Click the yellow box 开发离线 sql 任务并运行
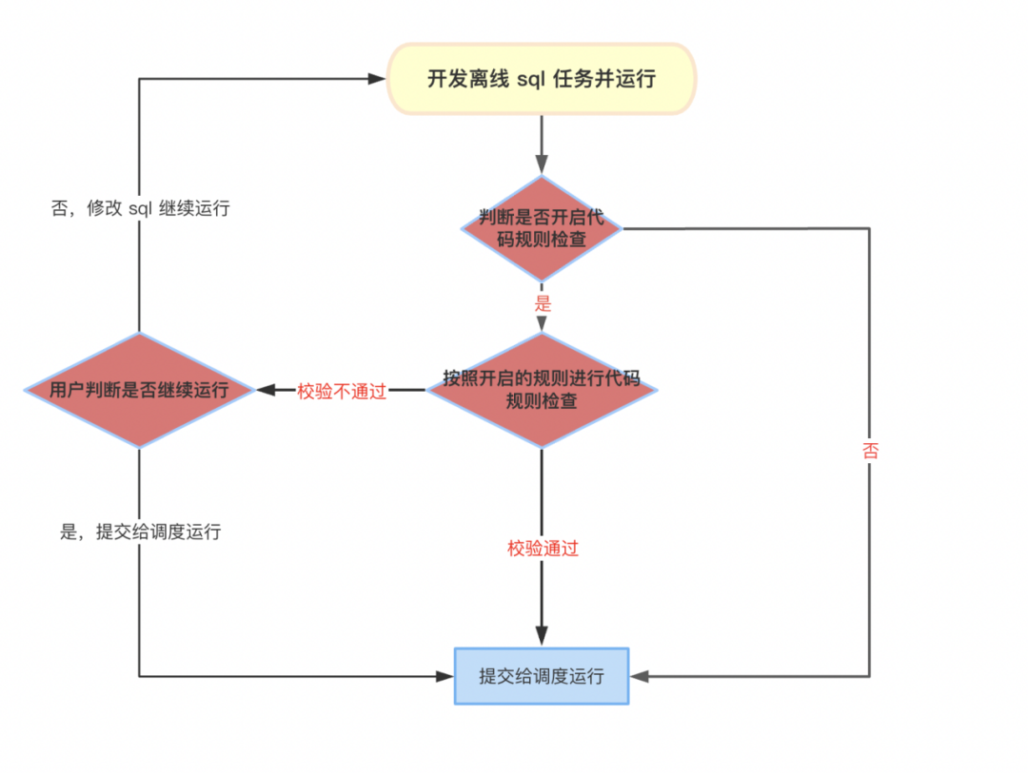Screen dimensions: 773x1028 pyautogui.click(x=542, y=79)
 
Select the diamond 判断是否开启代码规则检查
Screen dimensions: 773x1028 pyautogui.click(x=542, y=228)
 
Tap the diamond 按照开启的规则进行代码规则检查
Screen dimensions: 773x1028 pyautogui.click(x=542, y=390)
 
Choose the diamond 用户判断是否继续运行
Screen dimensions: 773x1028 pyautogui.click(x=140, y=390)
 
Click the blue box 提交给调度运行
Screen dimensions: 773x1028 pyautogui.click(x=542, y=676)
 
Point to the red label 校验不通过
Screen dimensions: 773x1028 pyautogui.click(x=342, y=391)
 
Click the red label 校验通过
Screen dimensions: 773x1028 pyautogui.click(x=543, y=549)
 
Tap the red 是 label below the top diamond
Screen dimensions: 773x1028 pyautogui.click(x=543, y=304)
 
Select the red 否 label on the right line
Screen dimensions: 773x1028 pyautogui.click(x=870, y=451)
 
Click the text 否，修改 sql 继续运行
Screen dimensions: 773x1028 pyautogui.click(x=140, y=208)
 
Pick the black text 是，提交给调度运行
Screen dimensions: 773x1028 pyautogui.click(x=140, y=531)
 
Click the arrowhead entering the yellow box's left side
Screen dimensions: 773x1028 pyautogui.click(x=379, y=79)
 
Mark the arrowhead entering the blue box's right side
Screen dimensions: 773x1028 pyautogui.click(x=638, y=676)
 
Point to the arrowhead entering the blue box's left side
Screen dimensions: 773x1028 pyautogui.click(x=445, y=676)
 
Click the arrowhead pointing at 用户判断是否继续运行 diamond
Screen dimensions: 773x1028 pyautogui.click(x=265, y=390)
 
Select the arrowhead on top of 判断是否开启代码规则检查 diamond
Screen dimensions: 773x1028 pyautogui.click(x=542, y=166)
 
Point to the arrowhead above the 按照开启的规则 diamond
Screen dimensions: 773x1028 pyautogui.click(x=542, y=323)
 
